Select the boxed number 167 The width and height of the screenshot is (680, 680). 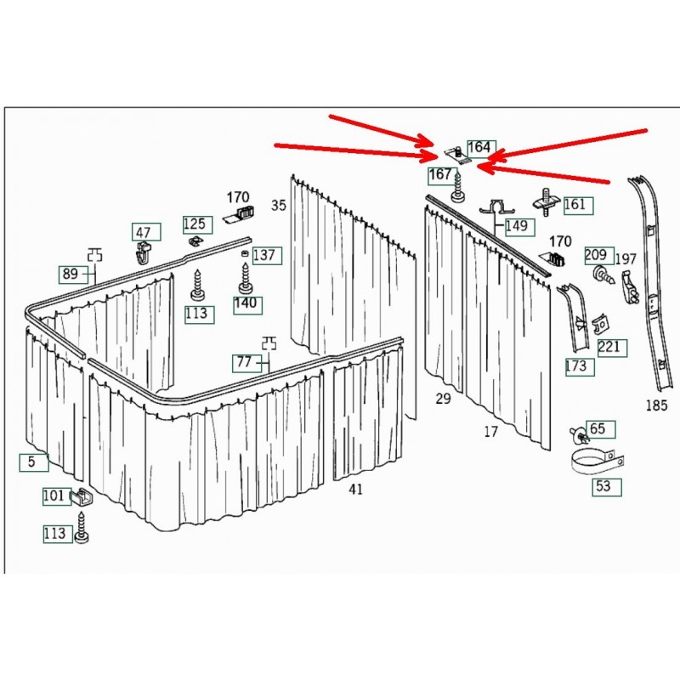point(441,175)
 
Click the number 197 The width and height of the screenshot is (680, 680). point(626,260)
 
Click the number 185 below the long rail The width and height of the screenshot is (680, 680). point(656,406)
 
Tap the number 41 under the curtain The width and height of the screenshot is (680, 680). point(355,490)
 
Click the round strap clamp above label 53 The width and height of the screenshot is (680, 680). point(598,462)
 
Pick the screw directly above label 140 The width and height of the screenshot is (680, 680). point(245,278)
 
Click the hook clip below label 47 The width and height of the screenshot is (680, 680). point(143,253)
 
